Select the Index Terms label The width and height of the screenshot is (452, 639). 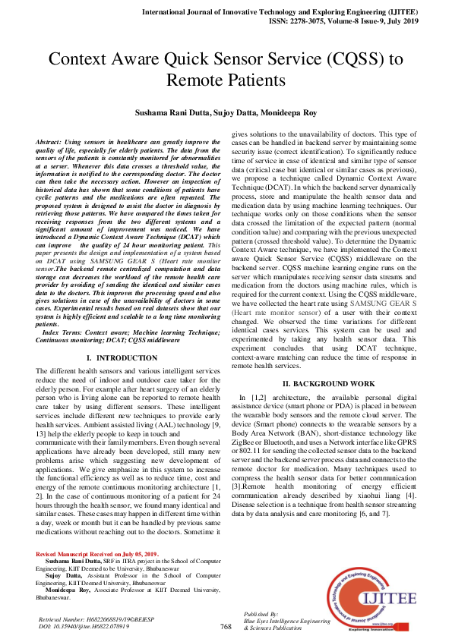point(64,332)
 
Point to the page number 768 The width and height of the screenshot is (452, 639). point(226,626)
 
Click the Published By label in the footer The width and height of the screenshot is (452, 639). point(260,612)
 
